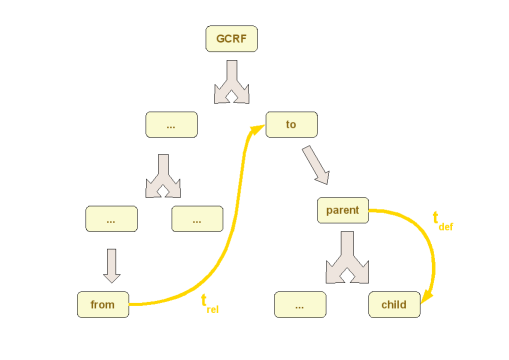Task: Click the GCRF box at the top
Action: (x=232, y=39)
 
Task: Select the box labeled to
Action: (x=291, y=125)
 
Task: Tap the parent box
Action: (x=343, y=211)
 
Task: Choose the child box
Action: (x=394, y=305)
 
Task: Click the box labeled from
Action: (x=103, y=305)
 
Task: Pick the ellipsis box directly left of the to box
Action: (x=171, y=125)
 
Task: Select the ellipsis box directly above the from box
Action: (x=111, y=219)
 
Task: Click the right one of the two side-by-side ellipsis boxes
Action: (x=197, y=219)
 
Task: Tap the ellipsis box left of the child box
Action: (x=300, y=305)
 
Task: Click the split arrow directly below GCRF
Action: (x=232, y=82)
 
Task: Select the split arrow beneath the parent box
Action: (x=346, y=258)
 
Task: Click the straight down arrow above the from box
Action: (x=111, y=264)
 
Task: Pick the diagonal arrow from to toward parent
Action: (x=316, y=165)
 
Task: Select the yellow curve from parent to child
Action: (x=426, y=240)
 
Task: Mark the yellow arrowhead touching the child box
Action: (x=427, y=297)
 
